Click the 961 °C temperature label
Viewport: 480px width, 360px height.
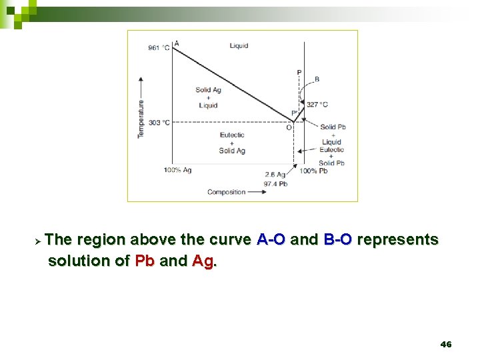click(159, 48)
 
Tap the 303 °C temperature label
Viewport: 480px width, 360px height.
click(159, 123)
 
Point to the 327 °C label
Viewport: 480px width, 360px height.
click(317, 105)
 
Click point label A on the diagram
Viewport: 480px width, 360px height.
click(176, 43)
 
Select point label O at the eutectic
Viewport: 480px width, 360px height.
click(289, 128)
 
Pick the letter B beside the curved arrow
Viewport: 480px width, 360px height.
click(316, 79)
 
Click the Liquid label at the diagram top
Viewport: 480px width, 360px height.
click(239, 46)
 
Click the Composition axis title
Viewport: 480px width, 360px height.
click(226, 192)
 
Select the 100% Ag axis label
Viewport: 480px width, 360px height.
click(177, 171)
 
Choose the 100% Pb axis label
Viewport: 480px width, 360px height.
click(313, 171)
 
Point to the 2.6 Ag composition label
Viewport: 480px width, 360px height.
click(275, 175)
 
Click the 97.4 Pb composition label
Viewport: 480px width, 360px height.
click(275, 183)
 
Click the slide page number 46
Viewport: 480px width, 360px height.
click(446, 344)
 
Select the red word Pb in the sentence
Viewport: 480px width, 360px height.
click(145, 261)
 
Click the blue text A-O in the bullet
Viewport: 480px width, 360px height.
click(272, 240)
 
